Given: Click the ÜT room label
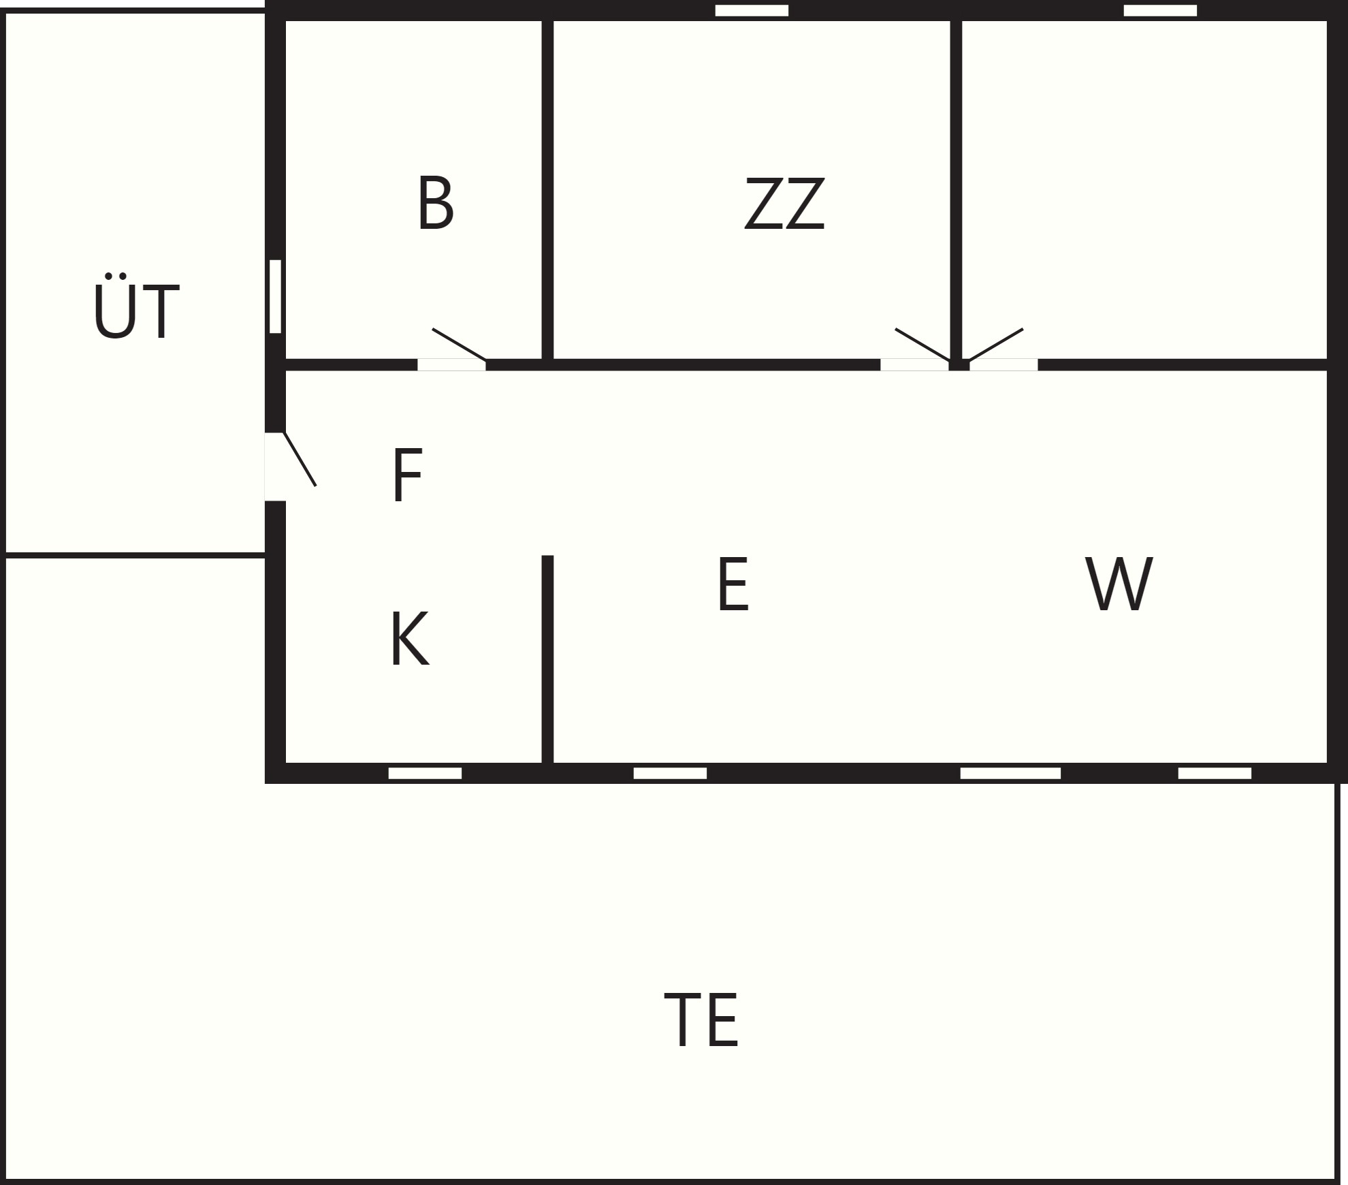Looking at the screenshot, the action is click(136, 306).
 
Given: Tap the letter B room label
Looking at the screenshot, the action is click(435, 203).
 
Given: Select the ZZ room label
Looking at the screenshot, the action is click(785, 203).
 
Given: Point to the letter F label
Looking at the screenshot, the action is click(408, 475).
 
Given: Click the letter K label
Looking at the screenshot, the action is click(409, 638).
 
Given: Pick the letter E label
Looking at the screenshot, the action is click(733, 584).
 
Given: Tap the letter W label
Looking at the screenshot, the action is click(1119, 584).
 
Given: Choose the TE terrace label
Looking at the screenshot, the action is click(701, 1020).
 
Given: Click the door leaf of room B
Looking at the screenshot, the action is click(459, 344).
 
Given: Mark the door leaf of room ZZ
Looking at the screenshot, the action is click(922, 344).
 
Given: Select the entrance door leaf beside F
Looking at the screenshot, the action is click(300, 458).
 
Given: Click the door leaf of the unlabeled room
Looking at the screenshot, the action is click(996, 344).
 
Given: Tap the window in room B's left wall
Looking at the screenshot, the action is click(275, 296).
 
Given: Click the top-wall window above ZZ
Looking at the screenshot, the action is click(752, 10).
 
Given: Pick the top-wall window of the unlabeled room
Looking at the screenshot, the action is click(1160, 10).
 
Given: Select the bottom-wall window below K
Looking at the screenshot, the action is click(425, 773).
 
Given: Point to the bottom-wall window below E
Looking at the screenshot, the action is click(670, 773).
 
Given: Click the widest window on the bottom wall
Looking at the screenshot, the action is click(1010, 773).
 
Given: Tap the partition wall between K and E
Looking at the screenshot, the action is click(547, 659).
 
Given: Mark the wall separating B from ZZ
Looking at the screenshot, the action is click(547, 189).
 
